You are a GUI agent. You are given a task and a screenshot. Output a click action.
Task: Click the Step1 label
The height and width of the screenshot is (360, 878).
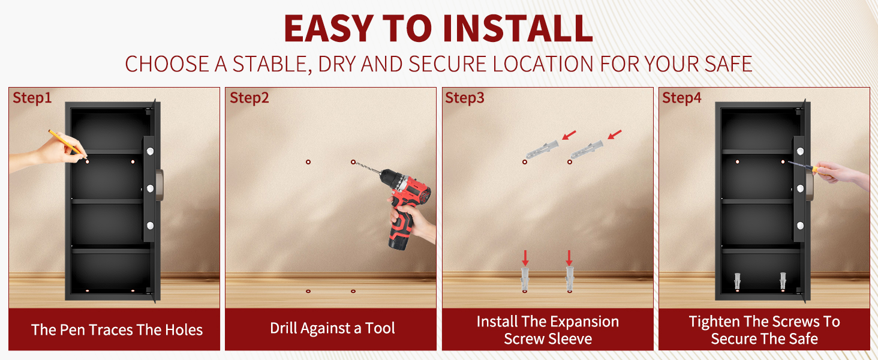click(32, 98)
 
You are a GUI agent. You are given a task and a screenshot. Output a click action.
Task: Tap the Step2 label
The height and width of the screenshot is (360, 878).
click(249, 98)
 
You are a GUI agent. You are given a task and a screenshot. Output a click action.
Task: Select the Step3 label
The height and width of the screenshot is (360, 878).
click(465, 98)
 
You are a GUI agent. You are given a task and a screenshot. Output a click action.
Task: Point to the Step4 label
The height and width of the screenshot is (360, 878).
click(682, 98)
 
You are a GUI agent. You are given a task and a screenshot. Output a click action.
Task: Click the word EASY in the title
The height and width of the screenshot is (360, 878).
click(328, 28)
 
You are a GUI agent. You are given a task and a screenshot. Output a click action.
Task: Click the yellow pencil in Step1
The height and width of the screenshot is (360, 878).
click(67, 144)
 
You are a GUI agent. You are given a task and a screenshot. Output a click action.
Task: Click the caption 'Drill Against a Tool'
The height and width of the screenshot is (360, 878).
click(332, 328)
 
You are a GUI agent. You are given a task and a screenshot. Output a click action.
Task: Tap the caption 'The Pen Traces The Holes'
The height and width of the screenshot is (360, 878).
click(117, 330)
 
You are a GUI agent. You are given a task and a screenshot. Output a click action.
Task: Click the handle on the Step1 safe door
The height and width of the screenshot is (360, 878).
click(160, 185)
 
